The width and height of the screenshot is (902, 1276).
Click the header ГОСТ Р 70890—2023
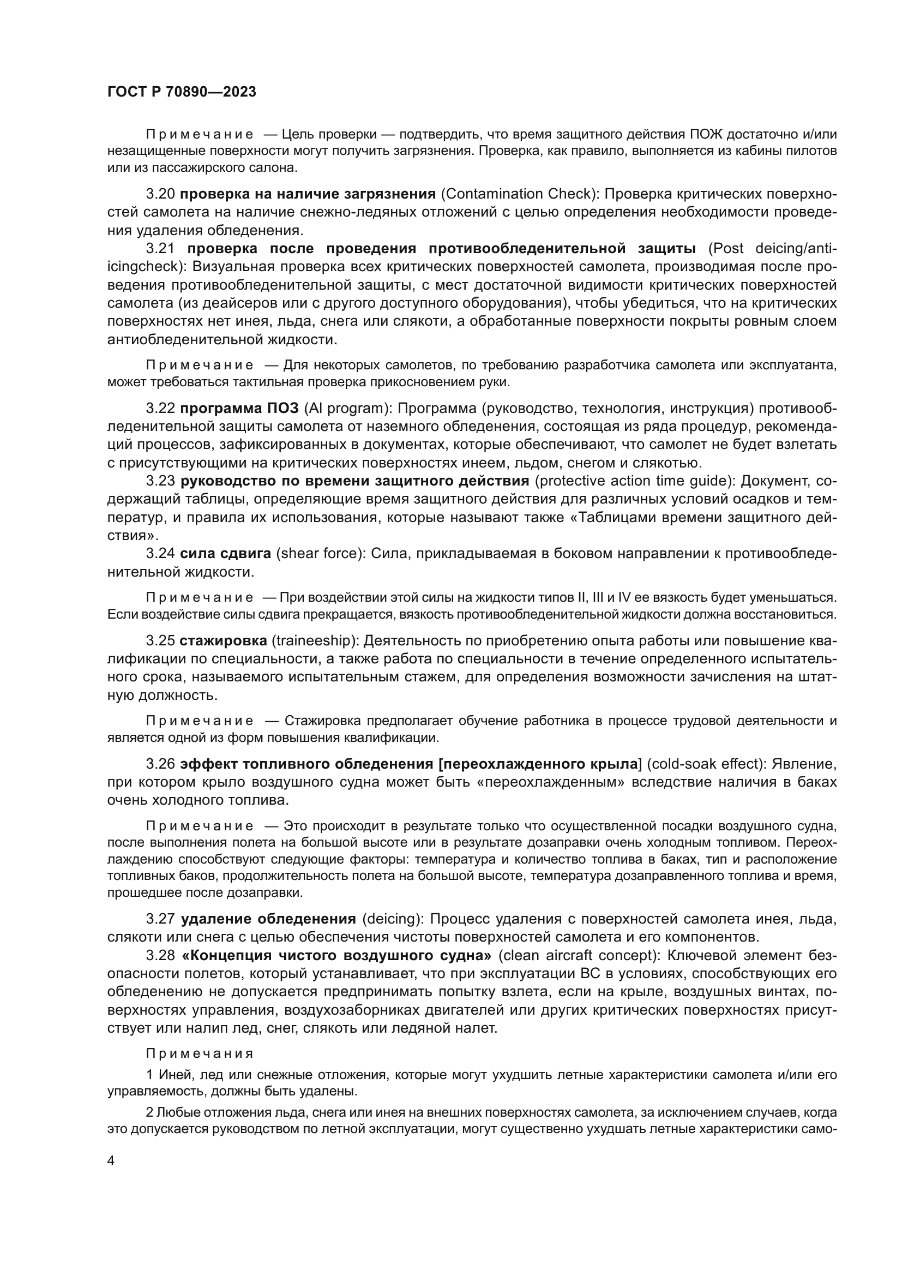(182, 92)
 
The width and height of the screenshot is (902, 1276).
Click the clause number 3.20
(160, 194)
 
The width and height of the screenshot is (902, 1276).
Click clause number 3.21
(160, 248)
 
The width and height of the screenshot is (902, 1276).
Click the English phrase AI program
(344, 409)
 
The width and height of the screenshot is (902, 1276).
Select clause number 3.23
(160, 481)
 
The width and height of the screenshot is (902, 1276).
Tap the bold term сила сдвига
(226, 554)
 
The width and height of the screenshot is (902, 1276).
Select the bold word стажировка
(223, 641)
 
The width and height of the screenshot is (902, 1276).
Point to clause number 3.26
(160, 764)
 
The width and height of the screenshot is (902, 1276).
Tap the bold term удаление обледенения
(269, 919)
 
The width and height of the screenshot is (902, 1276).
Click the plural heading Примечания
(200, 1054)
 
